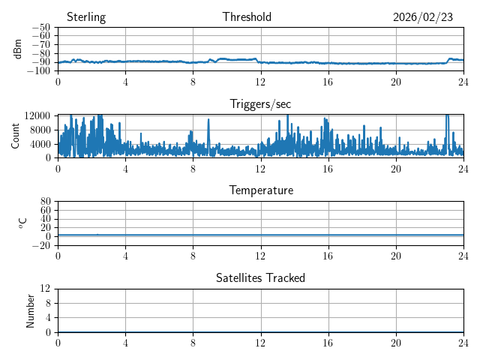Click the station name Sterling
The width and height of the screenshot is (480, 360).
click(86, 17)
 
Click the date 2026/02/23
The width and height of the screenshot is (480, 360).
click(423, 17)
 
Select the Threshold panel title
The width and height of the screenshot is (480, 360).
click(247, 17)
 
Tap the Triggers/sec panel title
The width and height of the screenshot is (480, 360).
click(260, 104)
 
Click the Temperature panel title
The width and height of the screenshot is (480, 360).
click(261, 190)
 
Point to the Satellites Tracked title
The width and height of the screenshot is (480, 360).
click(260, 277)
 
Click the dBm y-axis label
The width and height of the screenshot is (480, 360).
click(18, 49)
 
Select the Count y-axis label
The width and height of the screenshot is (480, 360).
click(15, 136)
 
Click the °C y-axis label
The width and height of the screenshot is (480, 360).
click(22, 223)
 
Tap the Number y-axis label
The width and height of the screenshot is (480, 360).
click(30, 310)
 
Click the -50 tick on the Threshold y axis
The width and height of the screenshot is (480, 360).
click(40, 28)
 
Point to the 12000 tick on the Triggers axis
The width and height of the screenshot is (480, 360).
click(37, 115)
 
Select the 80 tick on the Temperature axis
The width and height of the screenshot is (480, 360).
click(46, 202)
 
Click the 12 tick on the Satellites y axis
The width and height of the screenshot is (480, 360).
click(46, 289)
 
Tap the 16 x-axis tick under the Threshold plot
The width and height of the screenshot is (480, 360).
click(328, 82)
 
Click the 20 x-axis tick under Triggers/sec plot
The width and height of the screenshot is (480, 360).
click(396, 169)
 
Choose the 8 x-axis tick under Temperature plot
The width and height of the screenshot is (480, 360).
click(193, 256)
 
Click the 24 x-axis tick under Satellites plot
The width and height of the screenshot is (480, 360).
click(463, 343)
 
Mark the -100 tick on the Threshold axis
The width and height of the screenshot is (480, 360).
click(38, 71)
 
